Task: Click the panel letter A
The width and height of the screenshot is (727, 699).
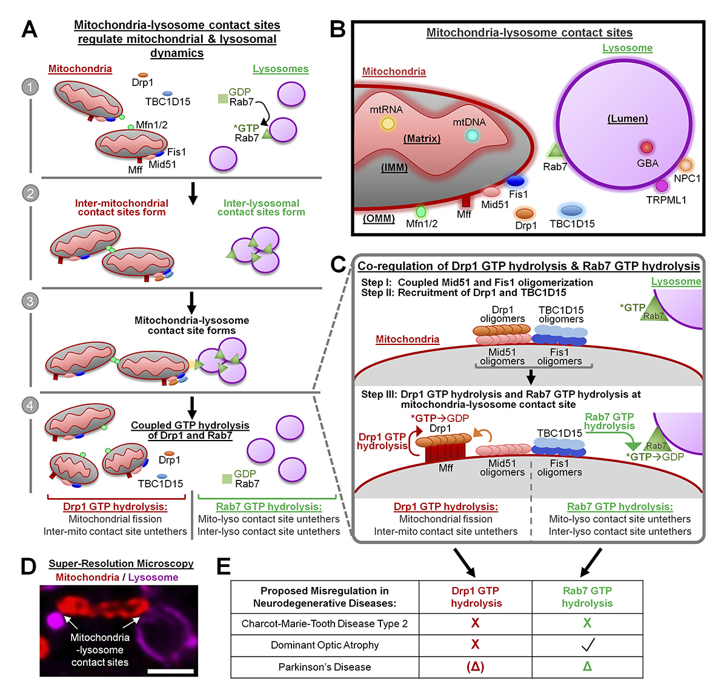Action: tap(29, 28)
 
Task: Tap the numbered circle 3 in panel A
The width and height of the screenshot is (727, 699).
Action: tap(30, 301)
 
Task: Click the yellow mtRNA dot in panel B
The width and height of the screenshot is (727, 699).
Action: tap(388, 124)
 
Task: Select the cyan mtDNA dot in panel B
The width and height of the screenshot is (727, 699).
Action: tap(472, 136)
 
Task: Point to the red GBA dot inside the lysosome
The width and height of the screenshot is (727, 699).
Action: tap(646, 147)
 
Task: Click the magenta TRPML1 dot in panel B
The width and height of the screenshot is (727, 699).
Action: tap(662, 186)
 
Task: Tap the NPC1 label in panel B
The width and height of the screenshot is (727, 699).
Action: tap(686, 179)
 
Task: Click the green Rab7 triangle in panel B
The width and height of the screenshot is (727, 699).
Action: tap(556, 152)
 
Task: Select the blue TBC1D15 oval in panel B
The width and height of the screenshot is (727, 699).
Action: tap(571, 211)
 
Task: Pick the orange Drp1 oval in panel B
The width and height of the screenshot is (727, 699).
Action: tap(524, 213)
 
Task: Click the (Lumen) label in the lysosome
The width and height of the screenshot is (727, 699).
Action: tap(628, 119)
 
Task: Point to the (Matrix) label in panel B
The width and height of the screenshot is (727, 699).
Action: tap(422, 139)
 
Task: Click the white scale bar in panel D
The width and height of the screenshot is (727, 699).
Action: tap(170, 671)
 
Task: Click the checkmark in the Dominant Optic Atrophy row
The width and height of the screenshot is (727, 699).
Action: tap(587, 645)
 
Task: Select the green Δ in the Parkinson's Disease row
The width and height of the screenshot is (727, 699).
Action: tap(587, 667)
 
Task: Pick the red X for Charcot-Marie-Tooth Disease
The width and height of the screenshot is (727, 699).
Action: tap(475, 623)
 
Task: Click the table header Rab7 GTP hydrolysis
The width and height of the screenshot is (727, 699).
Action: tap(587, 597)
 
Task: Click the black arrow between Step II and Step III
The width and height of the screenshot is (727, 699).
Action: tap(531, 377)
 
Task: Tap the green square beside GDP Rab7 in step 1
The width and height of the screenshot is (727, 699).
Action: tap(222, 98)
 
